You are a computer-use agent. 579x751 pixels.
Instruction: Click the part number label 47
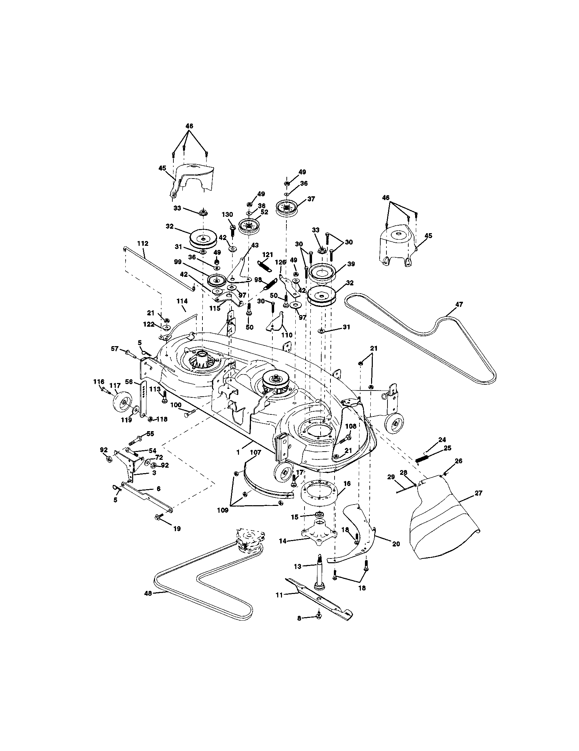459,304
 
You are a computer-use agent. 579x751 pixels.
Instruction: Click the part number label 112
142,243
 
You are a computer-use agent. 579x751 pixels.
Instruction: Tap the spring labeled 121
264,266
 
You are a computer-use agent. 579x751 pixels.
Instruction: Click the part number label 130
227,215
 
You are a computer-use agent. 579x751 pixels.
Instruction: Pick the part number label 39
351,264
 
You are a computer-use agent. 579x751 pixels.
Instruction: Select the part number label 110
286,335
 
